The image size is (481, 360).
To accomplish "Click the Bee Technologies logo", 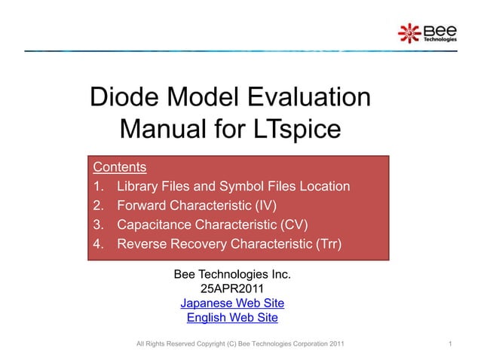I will (427, 32).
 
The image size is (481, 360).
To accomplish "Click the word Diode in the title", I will (127, 99).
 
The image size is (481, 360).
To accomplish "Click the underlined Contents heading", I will (119, 166).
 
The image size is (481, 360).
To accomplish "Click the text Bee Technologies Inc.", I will (232, 274).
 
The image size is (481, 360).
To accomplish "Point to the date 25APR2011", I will (232, 288).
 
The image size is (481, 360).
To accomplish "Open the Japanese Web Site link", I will (232, 304).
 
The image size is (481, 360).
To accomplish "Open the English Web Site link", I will (232, 318).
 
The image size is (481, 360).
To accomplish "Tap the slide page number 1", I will (449, 344).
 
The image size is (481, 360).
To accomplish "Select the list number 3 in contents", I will (97, 224).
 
